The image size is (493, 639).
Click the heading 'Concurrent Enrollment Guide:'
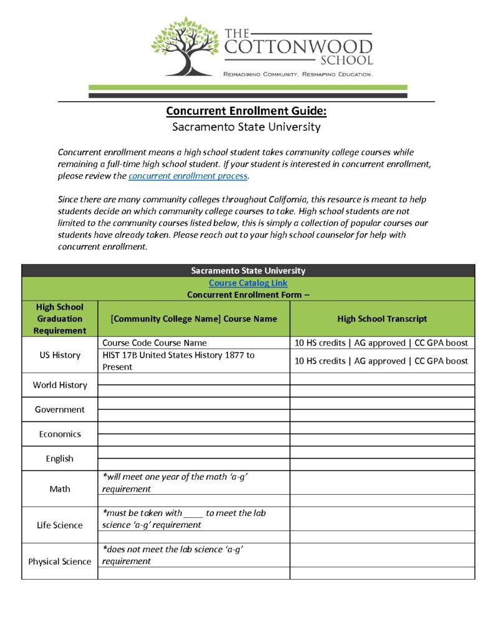[x=246, y=112]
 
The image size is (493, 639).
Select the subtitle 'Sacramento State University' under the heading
[x=246, y=127]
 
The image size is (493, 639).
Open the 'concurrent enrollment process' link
[x=188, y=177]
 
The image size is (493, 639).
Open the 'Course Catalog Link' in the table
[x=248, y=283]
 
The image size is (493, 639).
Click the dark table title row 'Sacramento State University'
[x=248, y=271]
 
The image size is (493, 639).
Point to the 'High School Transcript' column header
[x=382, y=319]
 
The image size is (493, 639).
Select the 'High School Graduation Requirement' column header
[x=60, y=319]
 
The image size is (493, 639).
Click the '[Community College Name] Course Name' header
[x=193, y=319]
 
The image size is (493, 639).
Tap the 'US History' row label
[x=60, y=355]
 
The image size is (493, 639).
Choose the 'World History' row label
[x=60, y=385]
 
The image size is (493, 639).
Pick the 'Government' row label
[x=60, y=409]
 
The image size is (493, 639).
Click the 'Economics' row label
[x=60, y=434]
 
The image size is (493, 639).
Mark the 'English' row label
[x=60, y=459]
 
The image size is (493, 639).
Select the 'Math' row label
[x=60, y=489]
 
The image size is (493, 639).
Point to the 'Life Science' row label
[x=60, y=525]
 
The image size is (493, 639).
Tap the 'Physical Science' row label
[x=60, y=562]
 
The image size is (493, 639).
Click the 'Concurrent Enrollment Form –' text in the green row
[x=248, y=295]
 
